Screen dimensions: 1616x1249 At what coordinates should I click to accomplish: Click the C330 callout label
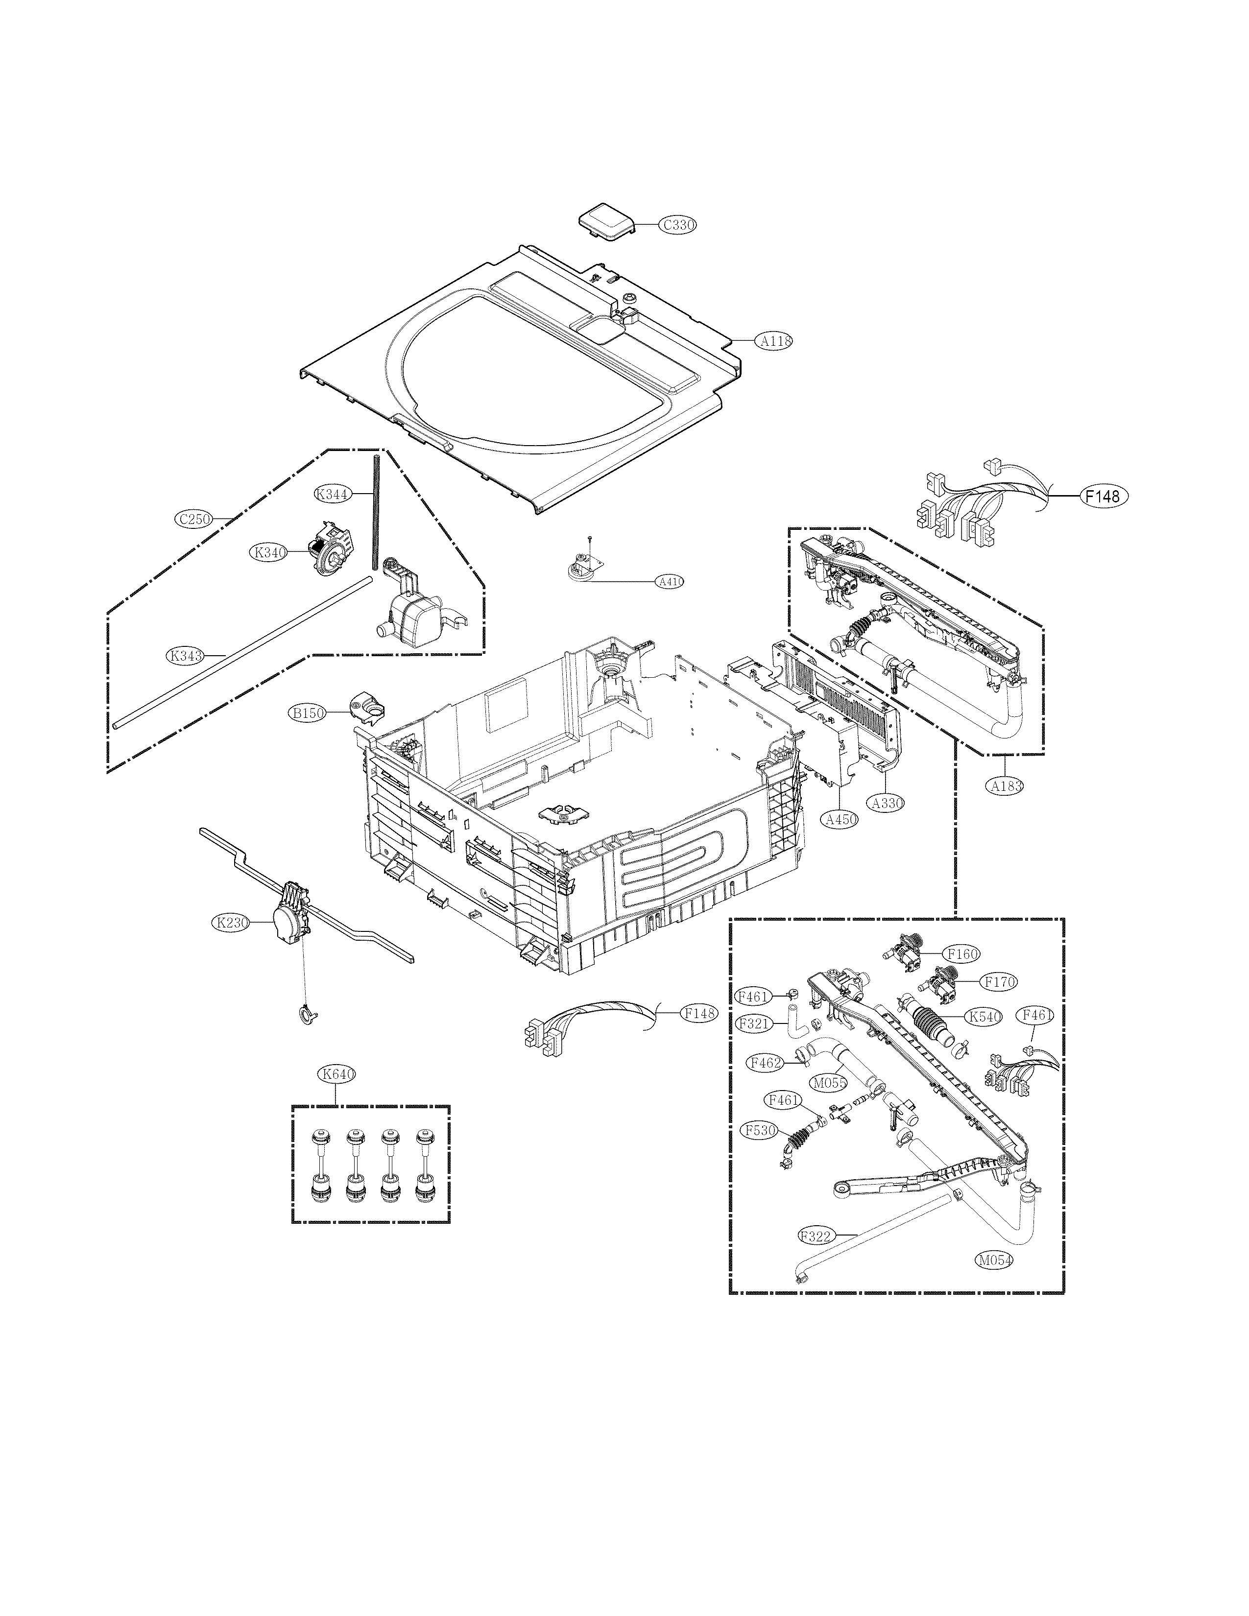point(678,225)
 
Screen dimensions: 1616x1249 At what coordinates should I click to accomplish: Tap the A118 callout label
point(773,341)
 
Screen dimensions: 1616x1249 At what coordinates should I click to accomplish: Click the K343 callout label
point(185,655)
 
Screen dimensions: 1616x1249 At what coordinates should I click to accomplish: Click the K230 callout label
point(232,922)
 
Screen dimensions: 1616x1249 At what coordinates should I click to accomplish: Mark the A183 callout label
point(1007,786)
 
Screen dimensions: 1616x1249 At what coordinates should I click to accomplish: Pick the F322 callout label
point(817,1235)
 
